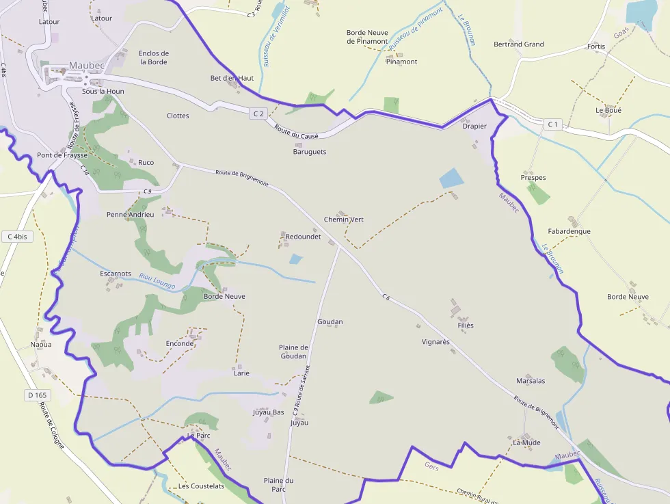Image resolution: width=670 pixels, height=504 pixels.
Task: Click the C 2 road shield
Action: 258,114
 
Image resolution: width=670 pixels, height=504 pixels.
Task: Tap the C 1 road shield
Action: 553,124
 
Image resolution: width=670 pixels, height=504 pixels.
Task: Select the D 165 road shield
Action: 38,395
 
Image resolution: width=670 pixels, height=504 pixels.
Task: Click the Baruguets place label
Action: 310,152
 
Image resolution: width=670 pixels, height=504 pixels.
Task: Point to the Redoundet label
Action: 303,237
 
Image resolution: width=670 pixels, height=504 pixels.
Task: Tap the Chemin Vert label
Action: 343,220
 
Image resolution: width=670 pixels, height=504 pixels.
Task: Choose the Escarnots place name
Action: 115,274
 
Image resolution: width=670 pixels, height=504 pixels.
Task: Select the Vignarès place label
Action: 435,341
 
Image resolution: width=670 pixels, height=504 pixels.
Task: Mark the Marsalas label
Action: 531,381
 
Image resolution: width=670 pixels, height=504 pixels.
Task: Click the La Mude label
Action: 526,442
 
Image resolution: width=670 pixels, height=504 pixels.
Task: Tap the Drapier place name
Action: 474,127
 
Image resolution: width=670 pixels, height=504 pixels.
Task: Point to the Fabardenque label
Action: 569,231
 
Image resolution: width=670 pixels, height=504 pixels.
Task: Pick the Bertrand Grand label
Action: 519,44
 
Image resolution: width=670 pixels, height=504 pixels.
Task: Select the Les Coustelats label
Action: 201,486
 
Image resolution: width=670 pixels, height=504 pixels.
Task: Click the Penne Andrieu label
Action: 130,215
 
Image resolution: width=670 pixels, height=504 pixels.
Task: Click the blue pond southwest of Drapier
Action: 451,178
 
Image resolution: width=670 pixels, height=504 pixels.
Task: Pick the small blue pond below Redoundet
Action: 295,259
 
